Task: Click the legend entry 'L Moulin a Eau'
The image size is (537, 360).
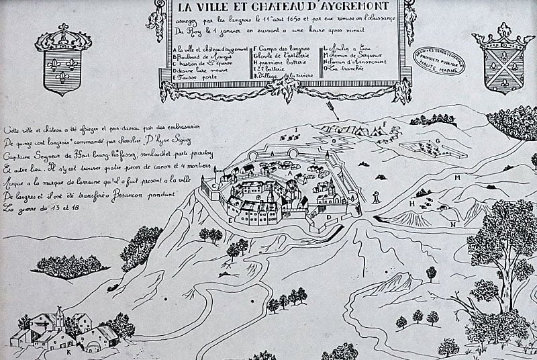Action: click(349, 48)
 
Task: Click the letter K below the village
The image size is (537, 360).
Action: click(68, 350)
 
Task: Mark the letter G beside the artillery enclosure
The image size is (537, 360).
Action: click(437, 140)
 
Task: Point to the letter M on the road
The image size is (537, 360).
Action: click(456, 177)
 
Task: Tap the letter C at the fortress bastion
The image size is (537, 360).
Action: click(213, 186)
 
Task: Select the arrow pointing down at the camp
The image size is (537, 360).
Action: click(331, 109)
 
